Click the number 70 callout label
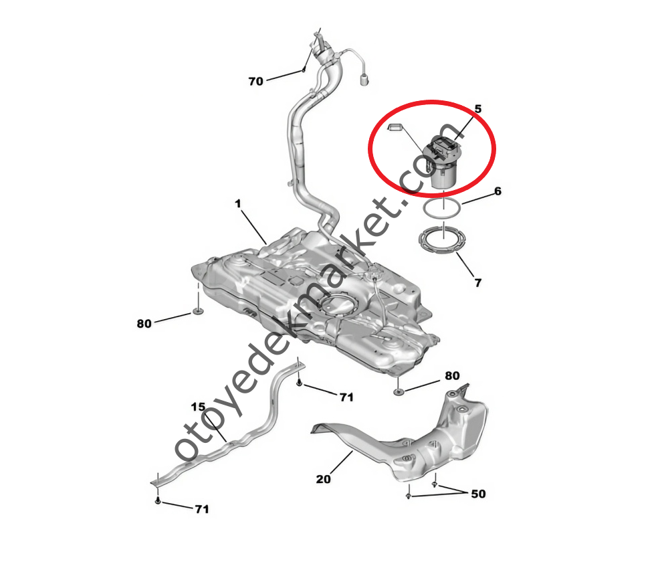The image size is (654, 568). pyautogui.click(x=255, y=81)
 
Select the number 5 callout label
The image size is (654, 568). pyautogui.click(x=478, y=109)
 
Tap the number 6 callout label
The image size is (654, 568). pyautogui.click(x=498, y=191)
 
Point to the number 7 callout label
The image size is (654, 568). pyautogui.click(x=478, y=282)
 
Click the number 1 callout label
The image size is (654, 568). pyautogui.click(x=238, y=203)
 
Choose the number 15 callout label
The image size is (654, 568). pyautogui.click(x=198, y=407)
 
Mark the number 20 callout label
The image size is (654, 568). pyautogui.click(x=323, y=479)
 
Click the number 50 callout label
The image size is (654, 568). pyautogui.click(x=478, y=494)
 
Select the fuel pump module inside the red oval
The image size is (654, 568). pyautogui.click(x=442, y=162)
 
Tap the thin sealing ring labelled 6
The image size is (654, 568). pyautogui.click(x=442, y=208)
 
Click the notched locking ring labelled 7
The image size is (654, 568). pyautogui.click(x=442, y=240)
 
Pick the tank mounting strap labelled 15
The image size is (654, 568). pyautogui.click(x=227, y=425)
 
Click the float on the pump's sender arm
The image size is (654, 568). pyautogui.click(x=394, y=127)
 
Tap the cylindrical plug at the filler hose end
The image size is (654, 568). pyautogui.click(x=364, y=80)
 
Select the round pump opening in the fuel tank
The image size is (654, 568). pyautogui.click(x=338, y=306)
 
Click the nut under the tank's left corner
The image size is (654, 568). pyautogui.click(x=197, y=311)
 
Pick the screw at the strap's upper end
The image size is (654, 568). pyautogui.click(x=299, y=382)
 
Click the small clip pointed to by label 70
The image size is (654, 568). pyautogui.click(x=304, y=70)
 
